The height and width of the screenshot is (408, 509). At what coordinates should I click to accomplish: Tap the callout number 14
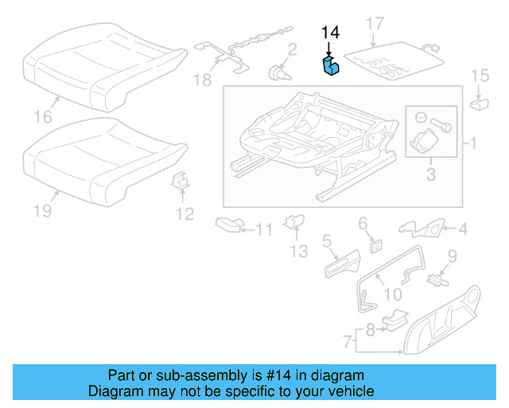click(330, 33)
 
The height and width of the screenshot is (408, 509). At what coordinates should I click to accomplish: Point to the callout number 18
click(203, 79)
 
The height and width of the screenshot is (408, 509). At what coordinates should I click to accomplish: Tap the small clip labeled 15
click(480, 102)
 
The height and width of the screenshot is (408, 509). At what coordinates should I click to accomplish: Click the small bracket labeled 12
click(182, 182)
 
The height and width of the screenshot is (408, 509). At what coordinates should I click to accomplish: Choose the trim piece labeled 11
click(231, 226)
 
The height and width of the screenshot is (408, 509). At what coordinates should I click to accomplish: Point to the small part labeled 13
click(293, 220)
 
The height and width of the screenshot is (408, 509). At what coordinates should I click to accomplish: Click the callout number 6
click(363, 222)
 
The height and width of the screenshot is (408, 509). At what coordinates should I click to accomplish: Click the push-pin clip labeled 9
click(437, 279)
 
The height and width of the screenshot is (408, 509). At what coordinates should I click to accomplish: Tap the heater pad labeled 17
click(394, 59)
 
